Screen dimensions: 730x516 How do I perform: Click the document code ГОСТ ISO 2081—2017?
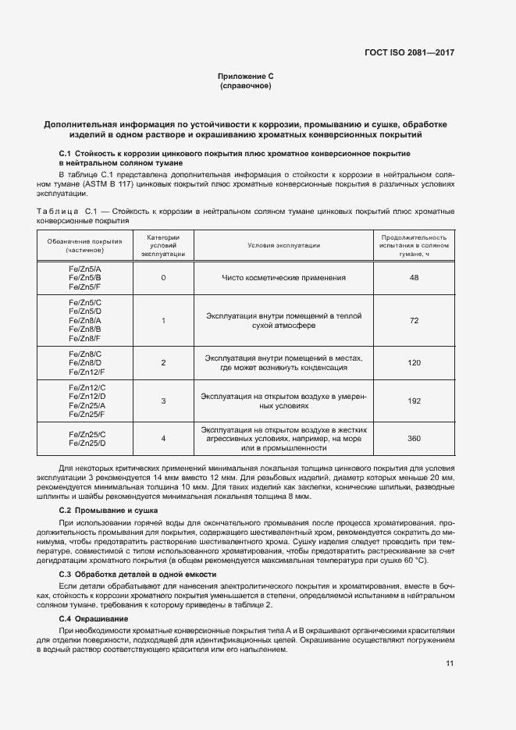point(409,53)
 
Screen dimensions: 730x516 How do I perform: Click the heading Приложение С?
point(246,76)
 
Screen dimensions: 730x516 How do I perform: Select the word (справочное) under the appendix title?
point(246,85)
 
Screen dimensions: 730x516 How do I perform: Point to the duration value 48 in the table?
point(414,278)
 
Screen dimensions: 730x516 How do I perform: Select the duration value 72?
point(414,321)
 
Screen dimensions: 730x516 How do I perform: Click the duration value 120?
point(414,363)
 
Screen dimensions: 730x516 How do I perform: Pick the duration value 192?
point(414,401)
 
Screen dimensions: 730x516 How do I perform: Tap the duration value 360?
point(414,439)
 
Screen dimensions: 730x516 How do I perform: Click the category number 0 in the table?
point(163,278)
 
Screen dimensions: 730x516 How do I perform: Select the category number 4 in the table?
point(163,439)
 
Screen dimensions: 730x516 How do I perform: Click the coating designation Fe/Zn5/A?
point(85,269)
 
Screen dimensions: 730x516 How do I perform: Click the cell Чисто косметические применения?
point(283,278)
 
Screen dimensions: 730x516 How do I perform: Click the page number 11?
point(450,664)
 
